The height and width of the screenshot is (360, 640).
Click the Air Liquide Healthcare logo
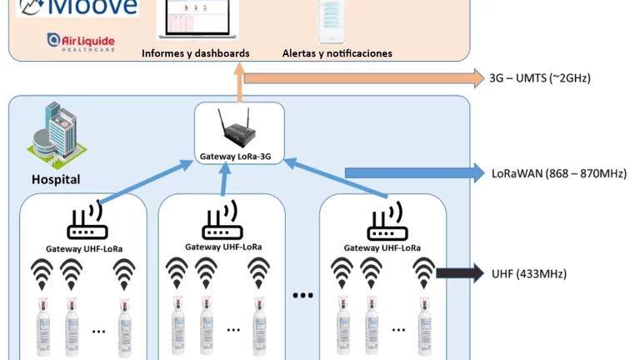(x=81, y=42)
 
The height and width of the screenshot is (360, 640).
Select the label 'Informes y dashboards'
(x=195, y=53)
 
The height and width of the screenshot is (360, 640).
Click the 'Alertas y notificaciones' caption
(x=337, y=53)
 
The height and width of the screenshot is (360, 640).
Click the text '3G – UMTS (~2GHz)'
(x=540, y=78)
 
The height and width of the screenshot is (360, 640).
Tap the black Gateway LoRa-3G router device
(x=239, y=129)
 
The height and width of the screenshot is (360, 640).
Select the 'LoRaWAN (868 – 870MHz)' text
(x=558, y=173)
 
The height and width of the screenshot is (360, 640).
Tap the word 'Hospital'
(x=56, y=179)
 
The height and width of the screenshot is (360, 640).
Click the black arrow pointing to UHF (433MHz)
(x=459, y=273)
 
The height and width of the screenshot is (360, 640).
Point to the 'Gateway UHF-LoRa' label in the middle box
(x=223, y=247)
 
